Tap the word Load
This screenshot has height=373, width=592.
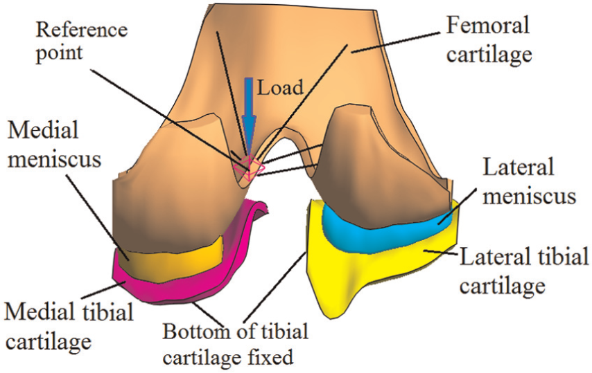click(280, 87)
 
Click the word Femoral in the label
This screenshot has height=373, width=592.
click(487, 26)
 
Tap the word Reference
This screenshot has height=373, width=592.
click(82, 30)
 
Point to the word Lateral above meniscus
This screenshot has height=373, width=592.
click(519, 167)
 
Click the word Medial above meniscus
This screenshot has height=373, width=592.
click(44, 130)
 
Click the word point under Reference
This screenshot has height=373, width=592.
click(59, 53)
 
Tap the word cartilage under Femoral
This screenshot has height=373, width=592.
click(489, 55)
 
